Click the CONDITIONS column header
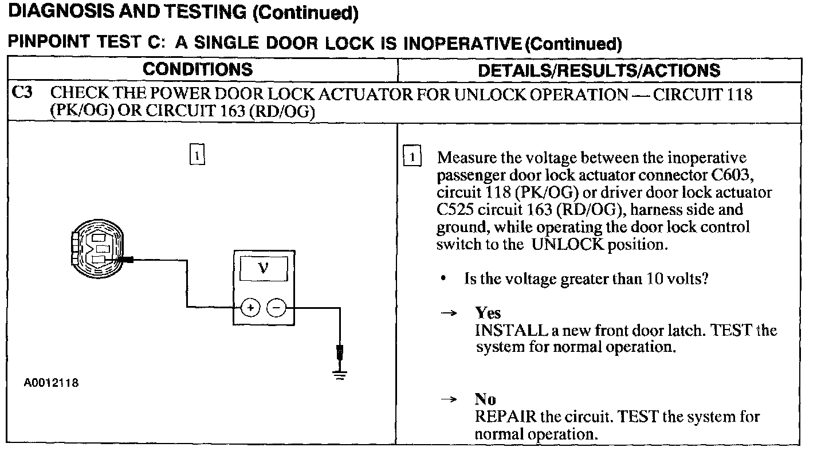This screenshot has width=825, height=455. click(198, 70)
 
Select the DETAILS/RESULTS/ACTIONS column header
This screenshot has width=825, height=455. click(599, 70)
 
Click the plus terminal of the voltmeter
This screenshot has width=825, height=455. click(250, 308)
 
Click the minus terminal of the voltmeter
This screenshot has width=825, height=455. click(277, 308)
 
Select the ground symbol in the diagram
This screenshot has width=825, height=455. click(340, 375)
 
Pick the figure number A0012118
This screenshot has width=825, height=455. click(52, 383)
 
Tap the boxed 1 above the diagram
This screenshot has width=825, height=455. click(196, 155)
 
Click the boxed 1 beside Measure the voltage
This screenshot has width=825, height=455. click(412, 157)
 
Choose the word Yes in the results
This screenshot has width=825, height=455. click(488, 313)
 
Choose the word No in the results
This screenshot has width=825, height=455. click(485, 399)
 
